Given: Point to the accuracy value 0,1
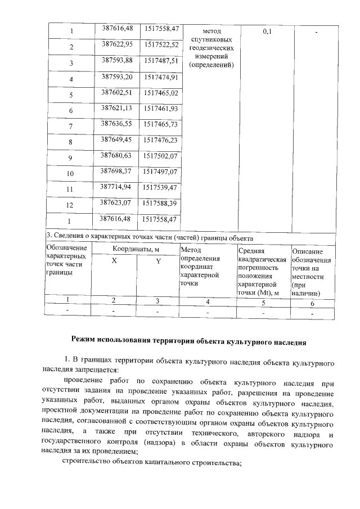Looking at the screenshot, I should (267, 31).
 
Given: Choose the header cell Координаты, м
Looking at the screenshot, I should (135, 248).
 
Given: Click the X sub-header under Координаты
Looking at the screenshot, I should (114, 261).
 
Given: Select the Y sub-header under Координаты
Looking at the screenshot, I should (158, 261).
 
